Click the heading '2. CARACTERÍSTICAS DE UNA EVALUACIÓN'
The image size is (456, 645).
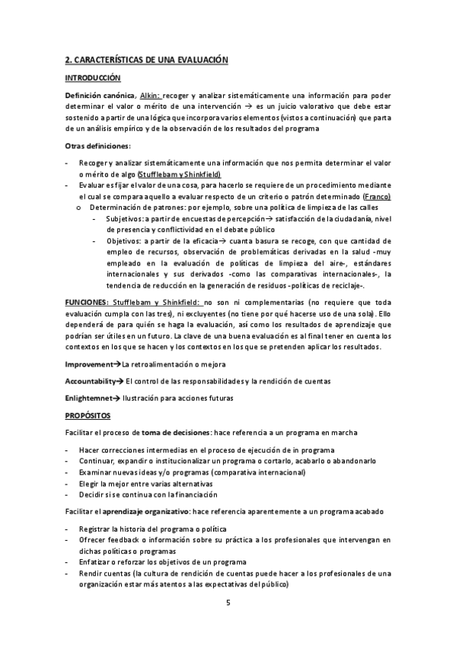tap(147, 59)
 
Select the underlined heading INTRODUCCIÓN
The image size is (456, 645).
tap(93, 78)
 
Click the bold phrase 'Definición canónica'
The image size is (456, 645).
tap(99, 95)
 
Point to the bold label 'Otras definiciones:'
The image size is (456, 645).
tap(98, 145)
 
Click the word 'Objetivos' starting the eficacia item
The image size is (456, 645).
tap(123, 240)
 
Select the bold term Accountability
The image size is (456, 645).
tap(91, 380)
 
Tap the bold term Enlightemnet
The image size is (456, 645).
tap(88, 398)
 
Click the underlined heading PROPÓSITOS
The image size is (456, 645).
tap(88, 415)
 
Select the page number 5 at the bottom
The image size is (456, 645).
tap(228, 602)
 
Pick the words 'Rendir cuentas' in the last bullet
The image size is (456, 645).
tap(104, 574)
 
